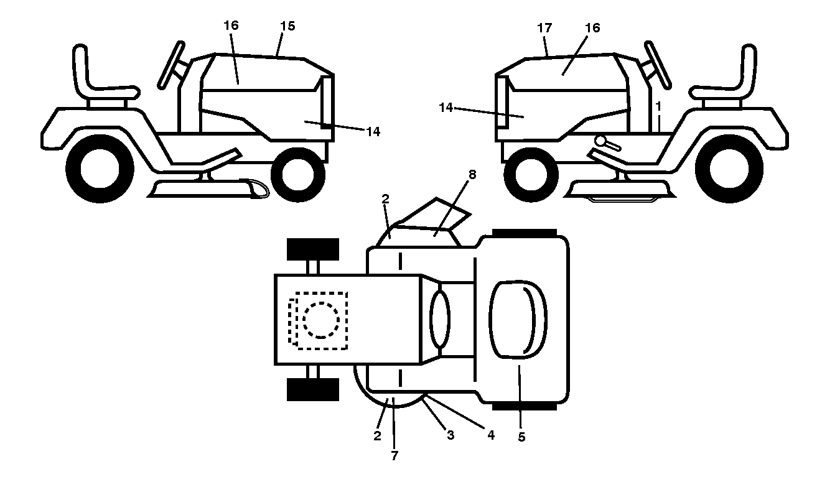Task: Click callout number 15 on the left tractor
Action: [287, 26]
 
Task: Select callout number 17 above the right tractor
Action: [544, 28]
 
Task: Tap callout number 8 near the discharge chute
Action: [472, 175]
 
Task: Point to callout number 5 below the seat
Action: [521, 437]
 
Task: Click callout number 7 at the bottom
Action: [394, 456]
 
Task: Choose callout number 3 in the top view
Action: [451, 435]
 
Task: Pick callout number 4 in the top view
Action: [491, 435]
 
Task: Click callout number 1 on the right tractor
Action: [658, 106]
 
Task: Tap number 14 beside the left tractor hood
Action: [373, 132]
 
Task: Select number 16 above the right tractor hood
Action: [592, 28]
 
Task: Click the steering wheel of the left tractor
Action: [171, 65]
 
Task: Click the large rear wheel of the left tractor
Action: [100, 169]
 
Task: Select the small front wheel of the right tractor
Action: [531, 175]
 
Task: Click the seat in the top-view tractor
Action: [518, 320]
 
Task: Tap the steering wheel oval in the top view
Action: [440, 320]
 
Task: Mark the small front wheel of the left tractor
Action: [298, 175]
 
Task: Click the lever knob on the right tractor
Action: [600, 140]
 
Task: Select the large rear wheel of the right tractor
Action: [729, 169]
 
